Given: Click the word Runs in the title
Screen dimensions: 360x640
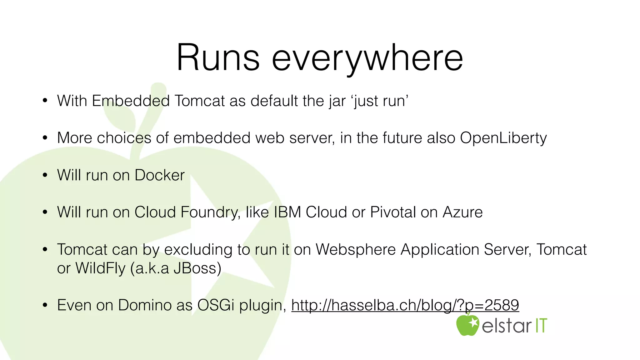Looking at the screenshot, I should tap(218, 58).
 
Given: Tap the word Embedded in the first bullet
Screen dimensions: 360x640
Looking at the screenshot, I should tap(131, 101).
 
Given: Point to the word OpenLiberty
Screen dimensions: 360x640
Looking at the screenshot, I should tap(503, 138).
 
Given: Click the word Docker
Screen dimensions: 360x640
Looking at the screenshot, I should tap(159, 175).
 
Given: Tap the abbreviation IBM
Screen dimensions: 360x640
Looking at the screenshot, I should tap(287, 212).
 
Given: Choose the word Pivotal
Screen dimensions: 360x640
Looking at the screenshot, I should tap(393, 212).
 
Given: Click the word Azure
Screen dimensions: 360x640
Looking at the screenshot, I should tap(462, 212).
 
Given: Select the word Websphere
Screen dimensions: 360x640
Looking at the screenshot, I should tap(355, 249).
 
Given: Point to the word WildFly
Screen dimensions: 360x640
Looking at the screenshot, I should tap(100, 268).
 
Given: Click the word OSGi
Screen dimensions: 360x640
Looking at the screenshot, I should tap(216, 305).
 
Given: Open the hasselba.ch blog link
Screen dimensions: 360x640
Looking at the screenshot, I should tap(405, 305).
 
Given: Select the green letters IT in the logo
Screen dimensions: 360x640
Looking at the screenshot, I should tap(541, 326).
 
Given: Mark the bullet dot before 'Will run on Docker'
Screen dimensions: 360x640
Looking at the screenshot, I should tap(45, 175).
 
